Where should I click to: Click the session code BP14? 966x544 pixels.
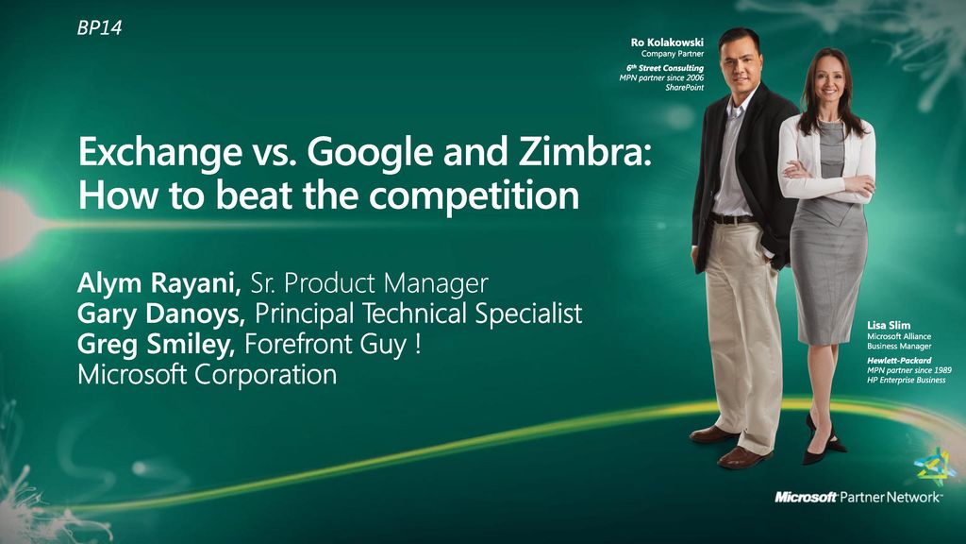[x=99, y=27]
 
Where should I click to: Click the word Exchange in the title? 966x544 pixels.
[x=160, y=152]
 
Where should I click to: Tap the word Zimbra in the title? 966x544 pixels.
[x=584, y=152]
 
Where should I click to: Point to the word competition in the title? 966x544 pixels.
[x=474, y=196]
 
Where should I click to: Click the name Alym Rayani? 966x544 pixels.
[x=158, y=283]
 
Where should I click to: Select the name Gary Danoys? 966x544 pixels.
[x=161, y=314]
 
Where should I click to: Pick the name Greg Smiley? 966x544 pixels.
[x=156, y=345]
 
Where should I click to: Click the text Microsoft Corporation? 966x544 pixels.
[x=207, y=374]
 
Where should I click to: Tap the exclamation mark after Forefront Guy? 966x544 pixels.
[x=418, y=344]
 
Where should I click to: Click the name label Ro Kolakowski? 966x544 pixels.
[x=667, y=42]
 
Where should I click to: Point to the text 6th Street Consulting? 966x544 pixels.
[x=665, y=68]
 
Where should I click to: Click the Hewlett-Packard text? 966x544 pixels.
[x=899, y=360]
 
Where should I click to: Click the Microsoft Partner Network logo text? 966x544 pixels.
[x=858, y=497]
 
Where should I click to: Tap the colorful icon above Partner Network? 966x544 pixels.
[x=934, y=467]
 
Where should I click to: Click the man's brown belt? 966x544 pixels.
[x=733, y=218]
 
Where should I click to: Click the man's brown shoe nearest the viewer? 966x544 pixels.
[x=744, y=457]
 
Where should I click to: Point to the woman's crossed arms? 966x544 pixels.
[x=826, y=178]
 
